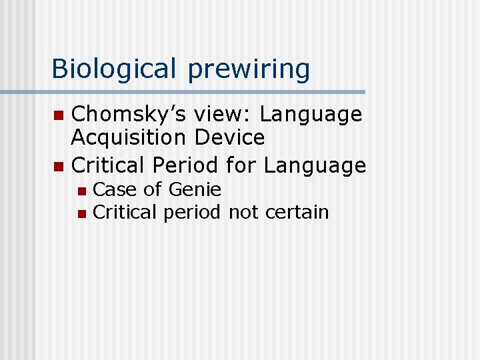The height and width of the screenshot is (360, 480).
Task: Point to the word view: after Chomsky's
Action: point(222,115)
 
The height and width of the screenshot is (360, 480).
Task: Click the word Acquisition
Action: point(129,138)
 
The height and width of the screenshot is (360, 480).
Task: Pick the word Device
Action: point(229,138)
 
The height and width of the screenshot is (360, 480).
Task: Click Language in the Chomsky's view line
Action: point(311,115)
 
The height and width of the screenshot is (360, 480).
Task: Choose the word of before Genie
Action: point(152,189)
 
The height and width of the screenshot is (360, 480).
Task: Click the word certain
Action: point(297,213)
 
